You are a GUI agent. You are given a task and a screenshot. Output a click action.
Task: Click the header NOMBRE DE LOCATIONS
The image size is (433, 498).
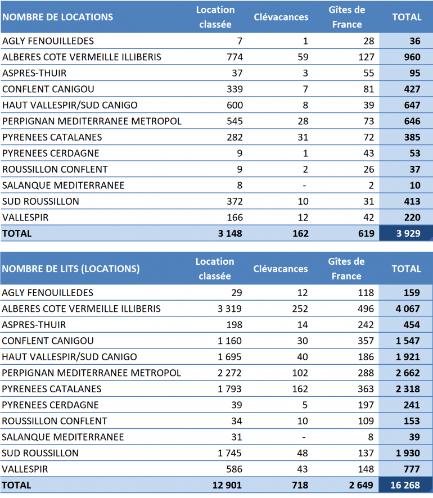57,17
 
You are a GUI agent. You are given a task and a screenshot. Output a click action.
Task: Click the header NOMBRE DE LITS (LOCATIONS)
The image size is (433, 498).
71,269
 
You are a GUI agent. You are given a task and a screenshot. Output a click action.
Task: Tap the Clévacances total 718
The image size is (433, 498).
299,485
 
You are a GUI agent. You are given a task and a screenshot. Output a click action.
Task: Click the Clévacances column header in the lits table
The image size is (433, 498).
281,269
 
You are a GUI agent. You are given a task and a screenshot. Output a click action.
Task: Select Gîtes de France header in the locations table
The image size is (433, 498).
347,17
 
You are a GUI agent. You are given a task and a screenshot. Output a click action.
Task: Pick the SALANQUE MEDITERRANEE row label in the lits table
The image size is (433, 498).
63,437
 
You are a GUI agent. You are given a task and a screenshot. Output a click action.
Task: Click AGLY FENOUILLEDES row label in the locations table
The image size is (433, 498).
48,41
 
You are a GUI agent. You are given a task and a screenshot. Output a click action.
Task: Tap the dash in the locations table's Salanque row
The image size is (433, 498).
304,185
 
